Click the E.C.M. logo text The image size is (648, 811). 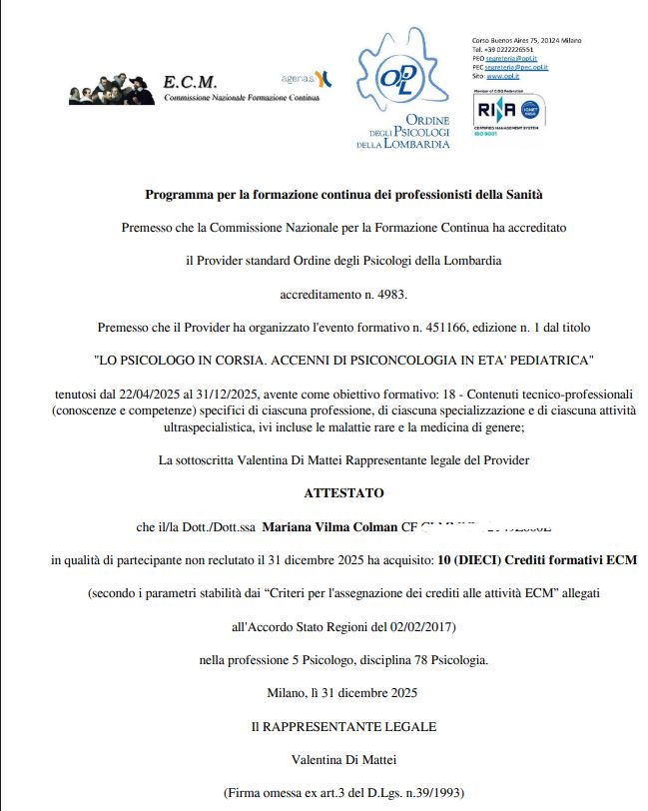click(x=189, y=81)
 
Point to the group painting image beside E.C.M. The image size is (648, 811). click(x=112, y=90)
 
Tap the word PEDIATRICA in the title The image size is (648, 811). click(x=548, y=358)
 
